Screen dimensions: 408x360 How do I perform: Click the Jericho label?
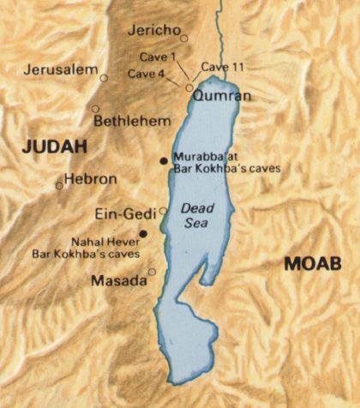[153, 31]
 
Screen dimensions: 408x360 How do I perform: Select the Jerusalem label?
[61, 69]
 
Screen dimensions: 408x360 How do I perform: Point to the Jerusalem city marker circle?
[104, 78]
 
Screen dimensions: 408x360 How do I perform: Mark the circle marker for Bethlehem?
[94, 109]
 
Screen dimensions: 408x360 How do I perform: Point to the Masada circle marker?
[152, 273]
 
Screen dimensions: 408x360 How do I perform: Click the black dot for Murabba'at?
[164, 160]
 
